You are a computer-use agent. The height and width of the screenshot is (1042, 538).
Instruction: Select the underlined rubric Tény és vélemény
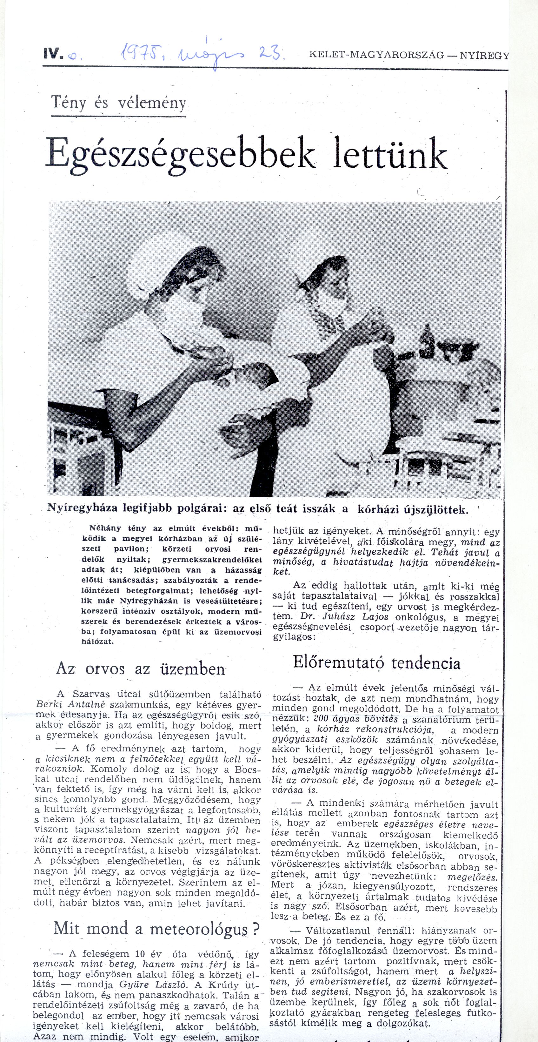[119, 104]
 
